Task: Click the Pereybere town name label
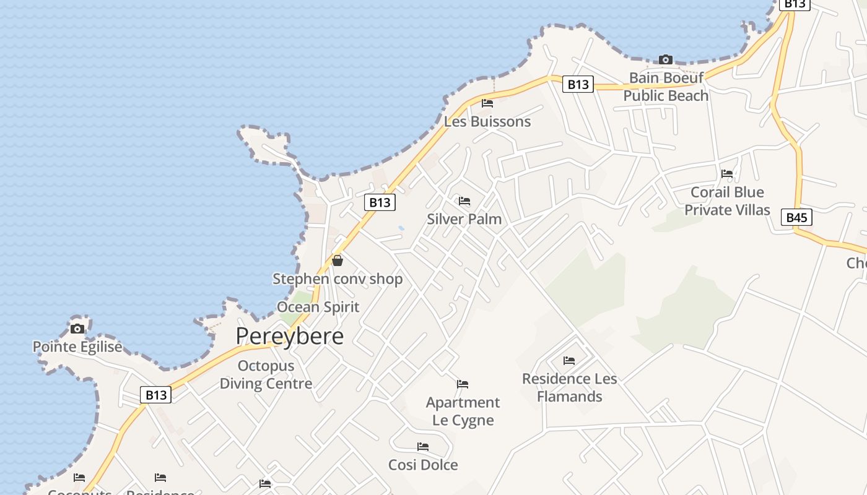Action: (289, 336)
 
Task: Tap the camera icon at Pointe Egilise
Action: (77, 329)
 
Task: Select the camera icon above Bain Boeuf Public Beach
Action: (666, 59)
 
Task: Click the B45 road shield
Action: (796, 217)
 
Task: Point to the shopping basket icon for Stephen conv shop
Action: (338, 260)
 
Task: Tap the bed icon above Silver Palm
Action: (464, 201)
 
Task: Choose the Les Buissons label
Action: (487, 121)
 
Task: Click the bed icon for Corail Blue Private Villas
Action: (727, 174)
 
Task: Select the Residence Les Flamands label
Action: (570, 387)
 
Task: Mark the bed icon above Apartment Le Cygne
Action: (463, 384)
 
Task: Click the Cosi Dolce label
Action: (423, 465)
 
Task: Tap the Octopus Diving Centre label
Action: (266, 374)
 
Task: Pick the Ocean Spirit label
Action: (318, 307)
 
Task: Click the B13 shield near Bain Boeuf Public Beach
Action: (578, 84)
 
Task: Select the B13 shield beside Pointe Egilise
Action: (155, 395)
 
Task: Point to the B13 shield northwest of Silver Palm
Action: (379, 202)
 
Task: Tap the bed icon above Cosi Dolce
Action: (423, 446)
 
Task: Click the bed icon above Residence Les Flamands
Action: (569, 361)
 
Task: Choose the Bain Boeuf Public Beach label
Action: (666, 87)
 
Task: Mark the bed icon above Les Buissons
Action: (487, 103)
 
